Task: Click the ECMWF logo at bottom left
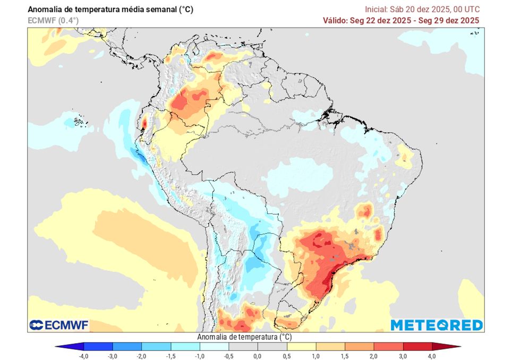[59, 324]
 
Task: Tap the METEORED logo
[437, 325]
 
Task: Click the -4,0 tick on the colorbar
[83, 356]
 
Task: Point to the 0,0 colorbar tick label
[257, 356]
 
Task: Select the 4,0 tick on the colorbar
[432, 356]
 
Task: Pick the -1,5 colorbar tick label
[170, 356]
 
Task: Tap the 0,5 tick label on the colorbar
[286, 356]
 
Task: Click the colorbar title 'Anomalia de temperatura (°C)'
[244, 337]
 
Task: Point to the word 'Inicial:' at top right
[377, 10]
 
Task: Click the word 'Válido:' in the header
[336, 20]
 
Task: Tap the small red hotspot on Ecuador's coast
[143, 122]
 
